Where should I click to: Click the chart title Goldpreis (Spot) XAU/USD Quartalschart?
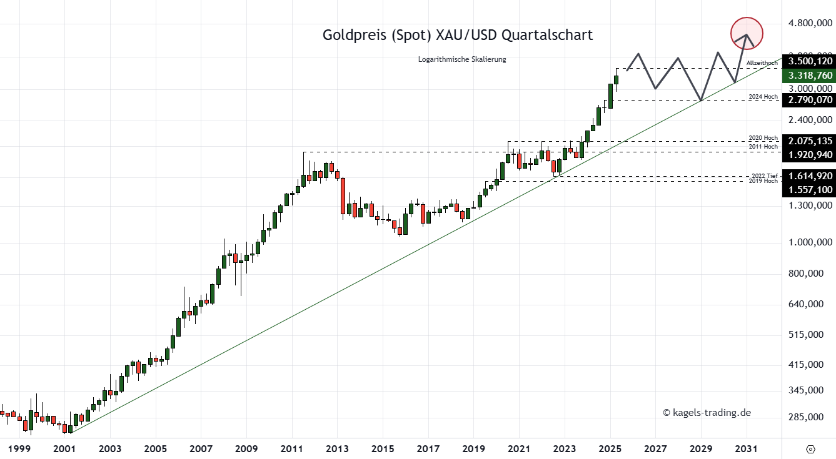(x=458, y=35)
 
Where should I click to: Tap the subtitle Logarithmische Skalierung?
(x=462, y=59)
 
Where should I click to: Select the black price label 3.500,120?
(x=810, y=61)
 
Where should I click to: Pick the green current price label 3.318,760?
(x=810, y=75)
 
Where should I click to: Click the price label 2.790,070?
(x=810, y=99)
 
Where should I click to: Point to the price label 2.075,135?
(x=810, y=141)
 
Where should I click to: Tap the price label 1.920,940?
(x=810, y=154)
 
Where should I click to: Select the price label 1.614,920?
(x=810, y=176)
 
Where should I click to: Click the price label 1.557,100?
(x=810, y=189)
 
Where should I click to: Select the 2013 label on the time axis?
(x=337, y=448)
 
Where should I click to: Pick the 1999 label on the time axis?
(x=19, y=448)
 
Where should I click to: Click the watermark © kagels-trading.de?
(x=707, y=412)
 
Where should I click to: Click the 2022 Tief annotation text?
(x=763, y=175)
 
